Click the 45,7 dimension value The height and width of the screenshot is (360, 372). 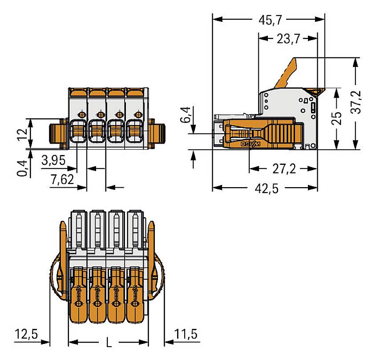[269, 20]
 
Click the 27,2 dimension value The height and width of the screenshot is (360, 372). [283, 169]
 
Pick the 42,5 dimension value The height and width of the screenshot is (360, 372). [265, 188]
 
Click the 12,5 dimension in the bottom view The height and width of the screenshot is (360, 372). [25, 333]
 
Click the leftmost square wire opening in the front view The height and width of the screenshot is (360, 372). [79, 131]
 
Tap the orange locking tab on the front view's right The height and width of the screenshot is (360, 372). [158, 133]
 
